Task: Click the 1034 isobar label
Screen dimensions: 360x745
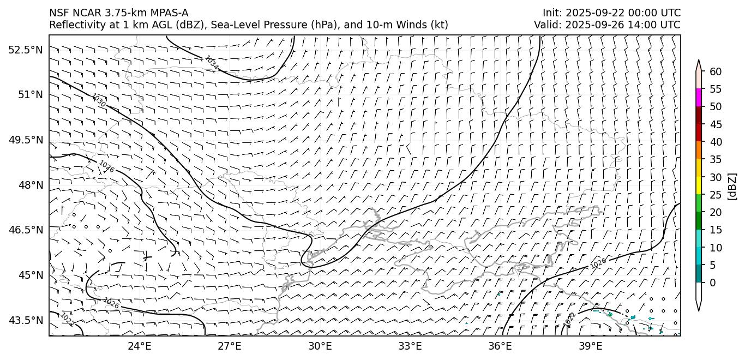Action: click(212, 63)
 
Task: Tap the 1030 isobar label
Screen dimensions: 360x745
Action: click(99, 100)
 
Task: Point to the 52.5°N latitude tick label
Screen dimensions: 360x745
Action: click(26, 50)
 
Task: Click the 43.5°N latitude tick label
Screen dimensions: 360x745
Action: click(26, 320)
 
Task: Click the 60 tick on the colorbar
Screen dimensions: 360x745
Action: click(716, 72)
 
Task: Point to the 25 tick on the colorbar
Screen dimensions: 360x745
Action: click(716, 195)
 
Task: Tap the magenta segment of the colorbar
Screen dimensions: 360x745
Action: click(699, 98)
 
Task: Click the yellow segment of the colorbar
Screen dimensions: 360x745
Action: click(699, 185)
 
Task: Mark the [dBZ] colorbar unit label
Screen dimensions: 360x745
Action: click(732, 187)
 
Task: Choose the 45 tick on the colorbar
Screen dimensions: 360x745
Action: click(716, 124)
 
